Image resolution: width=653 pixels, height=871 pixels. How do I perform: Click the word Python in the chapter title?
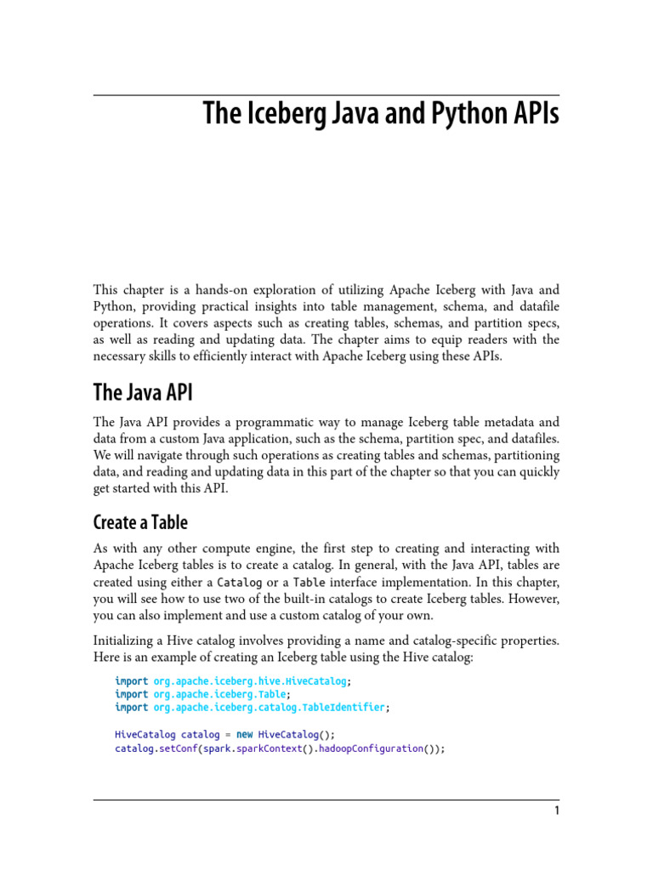(x=464, y=114)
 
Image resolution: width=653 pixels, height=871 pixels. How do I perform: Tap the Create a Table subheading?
(x=140, y=522)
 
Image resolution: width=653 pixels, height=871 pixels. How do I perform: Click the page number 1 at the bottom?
(x=557, y=811)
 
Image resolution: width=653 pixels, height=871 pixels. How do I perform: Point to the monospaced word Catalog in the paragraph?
(x=240, y=584)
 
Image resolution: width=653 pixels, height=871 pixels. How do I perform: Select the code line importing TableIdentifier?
(x=251, y=707)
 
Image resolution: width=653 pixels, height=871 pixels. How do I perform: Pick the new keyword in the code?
(x=244, y=734)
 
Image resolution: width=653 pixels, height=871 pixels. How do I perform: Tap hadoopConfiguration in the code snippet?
(x=371, y=749)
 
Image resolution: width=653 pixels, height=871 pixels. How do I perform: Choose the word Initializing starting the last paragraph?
(x=126, y=640)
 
